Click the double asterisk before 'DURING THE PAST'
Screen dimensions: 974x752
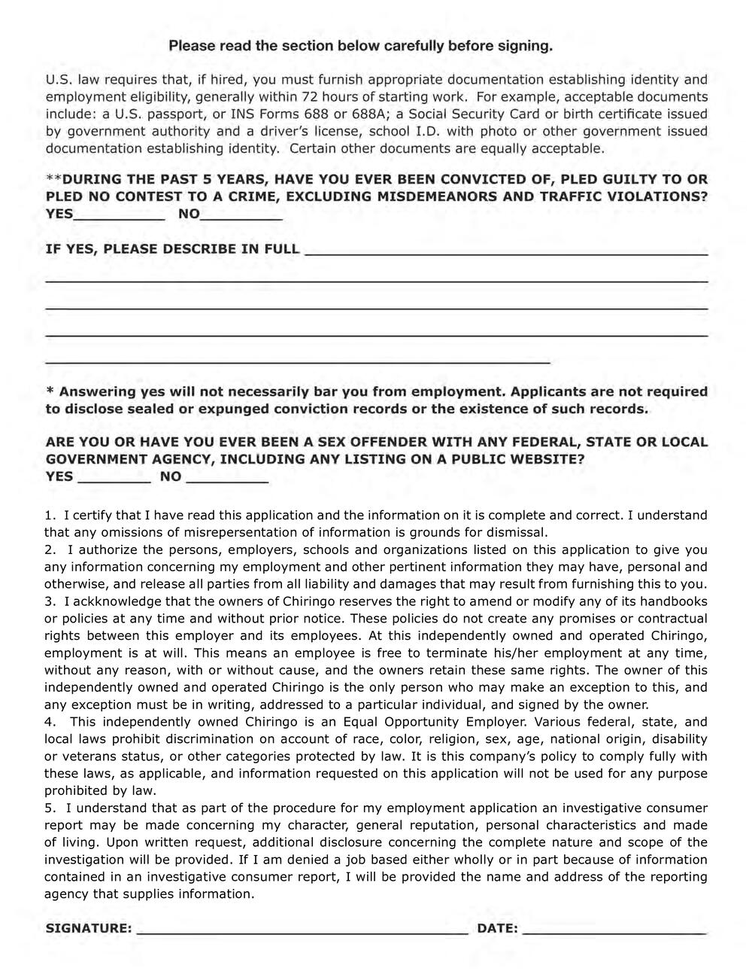pos(53,179)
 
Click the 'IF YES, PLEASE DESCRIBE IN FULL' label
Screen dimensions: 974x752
pos(172,249)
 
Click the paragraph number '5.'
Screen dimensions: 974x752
pos(50,808)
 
